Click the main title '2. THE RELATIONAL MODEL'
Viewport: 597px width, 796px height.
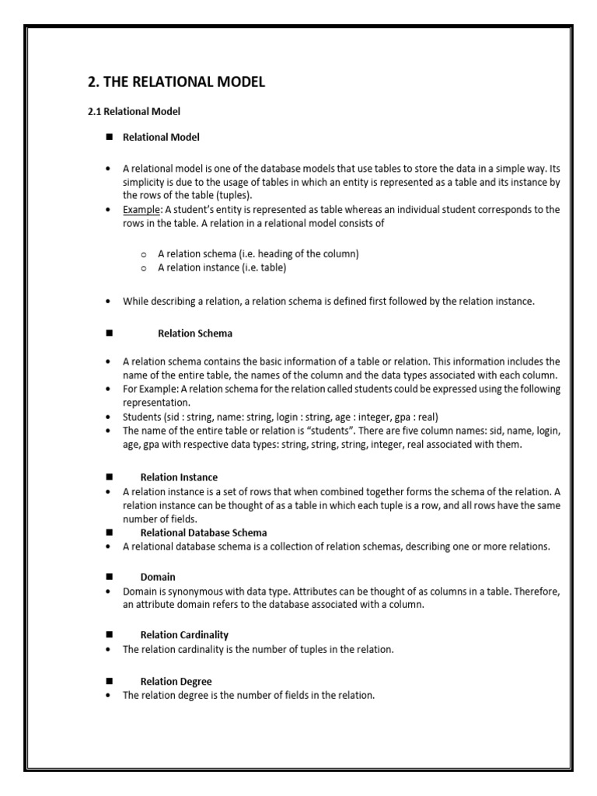click(176, 82)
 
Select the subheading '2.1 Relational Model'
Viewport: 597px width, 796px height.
click(134, 112)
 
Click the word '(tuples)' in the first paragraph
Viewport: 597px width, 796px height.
click(190, 195)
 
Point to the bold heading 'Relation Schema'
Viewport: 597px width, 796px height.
click(195, 333)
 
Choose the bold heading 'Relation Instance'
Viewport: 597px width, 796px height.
click(179, 477)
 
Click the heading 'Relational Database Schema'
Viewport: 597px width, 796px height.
click(204, 532)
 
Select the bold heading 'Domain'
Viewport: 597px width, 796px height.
click(158, 577)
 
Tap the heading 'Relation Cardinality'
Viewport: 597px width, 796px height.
click(184, 635)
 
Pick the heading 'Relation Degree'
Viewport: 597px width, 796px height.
click(176, 682)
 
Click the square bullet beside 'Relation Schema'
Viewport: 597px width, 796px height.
click(109, 333)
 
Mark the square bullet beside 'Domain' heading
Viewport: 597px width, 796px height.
click(109, 577)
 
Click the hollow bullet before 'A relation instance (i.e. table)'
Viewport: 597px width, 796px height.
click(144, 268)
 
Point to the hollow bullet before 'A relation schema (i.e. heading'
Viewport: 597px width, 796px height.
click(144, 254)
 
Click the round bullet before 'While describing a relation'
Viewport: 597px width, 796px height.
click(108, 302)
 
